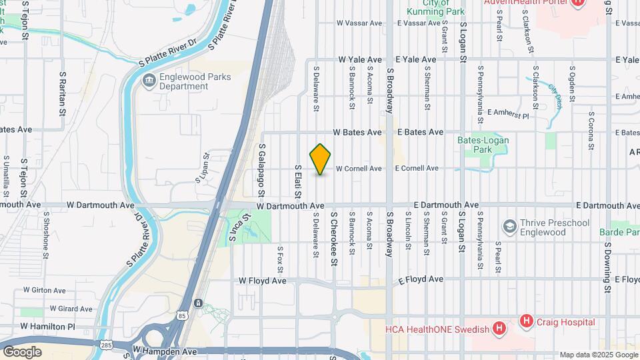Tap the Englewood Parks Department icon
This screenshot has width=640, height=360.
tap(149, 81)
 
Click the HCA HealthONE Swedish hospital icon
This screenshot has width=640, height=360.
tap(498, 328)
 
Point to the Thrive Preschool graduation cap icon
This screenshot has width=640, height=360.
tap(510, 227)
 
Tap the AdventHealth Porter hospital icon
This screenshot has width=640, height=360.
tap(578, 3)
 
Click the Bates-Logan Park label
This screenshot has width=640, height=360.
tap(483, 145)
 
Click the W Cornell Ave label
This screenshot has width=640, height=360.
tap(359, 169)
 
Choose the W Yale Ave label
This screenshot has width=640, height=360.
tap(360, 59)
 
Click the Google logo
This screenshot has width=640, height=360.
tap(23, 351)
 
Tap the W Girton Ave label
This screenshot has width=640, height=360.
tap(44, 290)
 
